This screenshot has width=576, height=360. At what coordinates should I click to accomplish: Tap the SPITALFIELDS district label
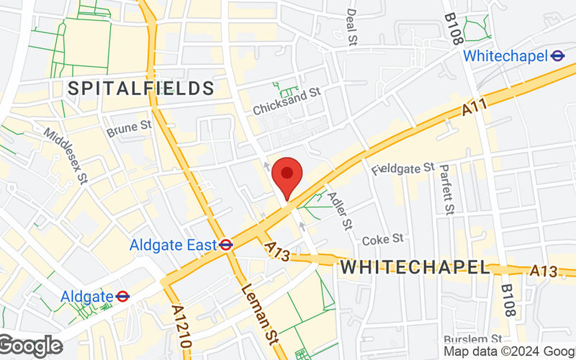point(141,89)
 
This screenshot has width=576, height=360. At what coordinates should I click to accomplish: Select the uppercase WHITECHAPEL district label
point(415,267)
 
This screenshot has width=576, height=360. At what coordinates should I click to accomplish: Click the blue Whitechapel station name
point(505,56)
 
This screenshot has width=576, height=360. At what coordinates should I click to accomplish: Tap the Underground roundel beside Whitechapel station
point(557,55)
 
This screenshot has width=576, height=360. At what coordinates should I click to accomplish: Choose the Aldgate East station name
point(173,245)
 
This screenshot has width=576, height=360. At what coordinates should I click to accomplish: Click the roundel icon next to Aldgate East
point(226,245)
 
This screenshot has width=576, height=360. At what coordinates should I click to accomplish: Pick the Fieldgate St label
point(403,168)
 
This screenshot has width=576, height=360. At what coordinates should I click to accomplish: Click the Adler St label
point(339,210)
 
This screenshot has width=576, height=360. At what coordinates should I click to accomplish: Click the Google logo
point(31,346)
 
